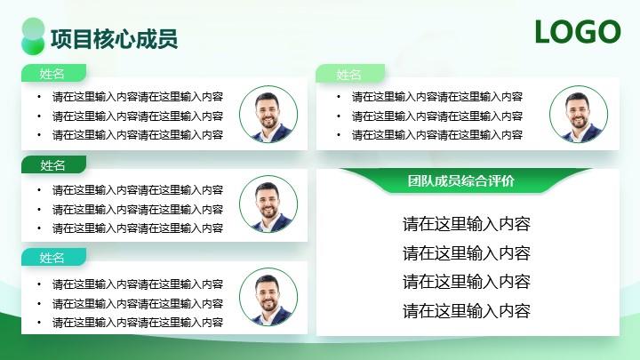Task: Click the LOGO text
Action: (578, 32)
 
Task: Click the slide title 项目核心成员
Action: (115, 39)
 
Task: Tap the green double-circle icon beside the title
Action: (33, 36)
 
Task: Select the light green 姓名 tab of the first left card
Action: (53, 74)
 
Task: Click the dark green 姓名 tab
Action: (53, 165)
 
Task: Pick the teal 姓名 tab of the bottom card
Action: (53, 258)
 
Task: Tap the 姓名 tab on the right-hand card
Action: (350, 74)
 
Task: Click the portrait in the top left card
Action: (268, 115)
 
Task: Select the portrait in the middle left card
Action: (268, 204)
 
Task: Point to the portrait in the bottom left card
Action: (268, 297)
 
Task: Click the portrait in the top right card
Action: (579, 115)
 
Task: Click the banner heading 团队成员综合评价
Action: (460, 180)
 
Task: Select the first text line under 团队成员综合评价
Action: (467, 224)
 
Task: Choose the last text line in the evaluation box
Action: (467, 311)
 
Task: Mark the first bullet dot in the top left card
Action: (39, 97)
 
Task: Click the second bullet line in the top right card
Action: (437, 116)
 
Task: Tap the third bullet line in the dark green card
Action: (138, 228)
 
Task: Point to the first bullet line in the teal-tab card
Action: (138, 284)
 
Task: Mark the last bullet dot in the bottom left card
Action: (39, 323)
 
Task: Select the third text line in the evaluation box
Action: (467, 282)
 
